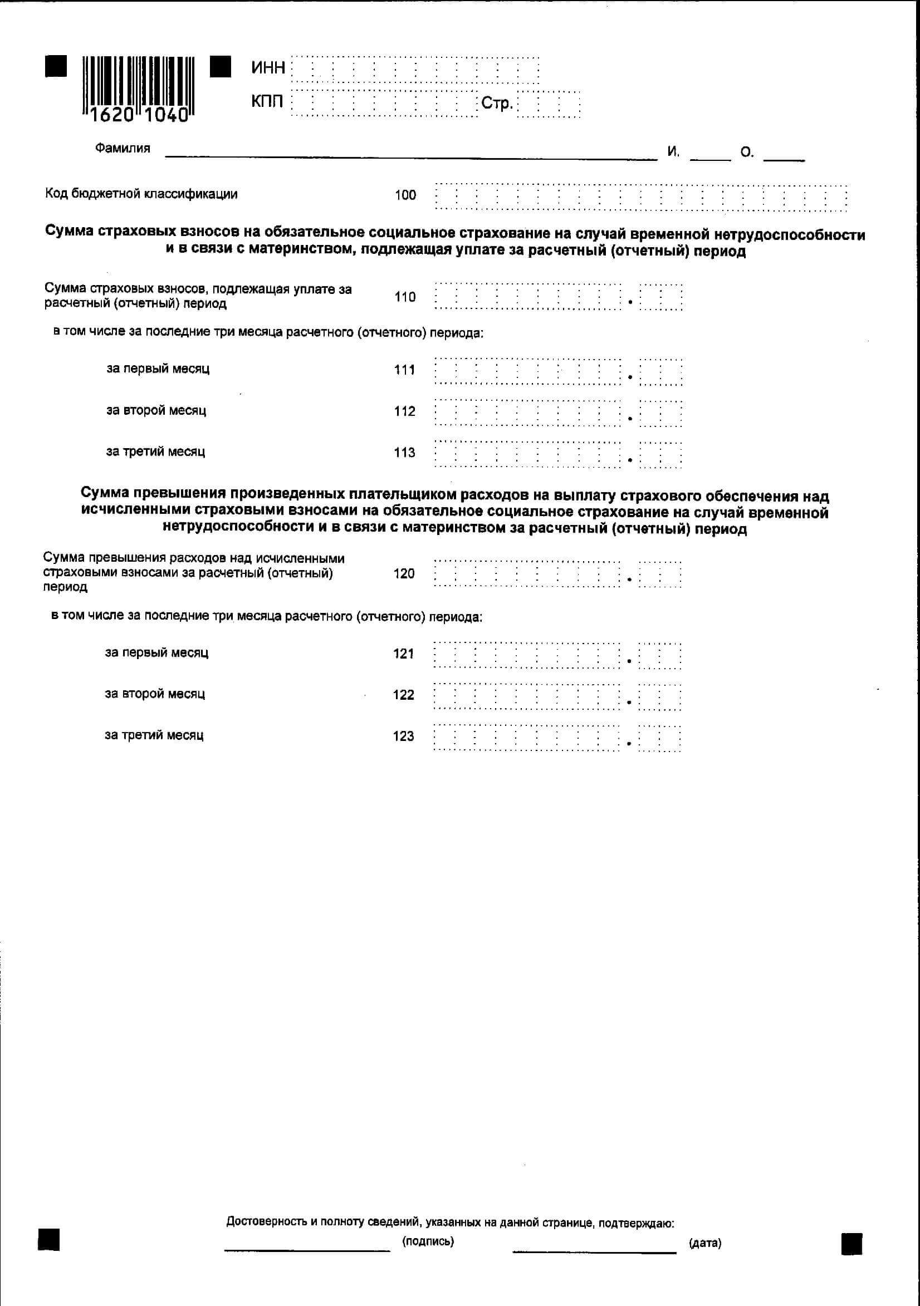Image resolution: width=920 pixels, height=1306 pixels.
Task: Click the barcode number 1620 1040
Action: click(139, 115)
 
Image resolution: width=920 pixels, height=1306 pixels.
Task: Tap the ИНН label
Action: click(268, 68)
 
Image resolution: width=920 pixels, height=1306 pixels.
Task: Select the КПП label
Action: click(267, 102)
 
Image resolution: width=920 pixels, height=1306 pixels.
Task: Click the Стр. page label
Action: click(497, 104)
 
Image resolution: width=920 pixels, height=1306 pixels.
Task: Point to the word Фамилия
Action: click(123, 149)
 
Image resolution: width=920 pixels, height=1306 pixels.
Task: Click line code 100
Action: click(405, 195)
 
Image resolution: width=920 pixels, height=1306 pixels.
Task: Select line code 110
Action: click(404, 297)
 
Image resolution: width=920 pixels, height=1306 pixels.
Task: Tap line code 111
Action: click(404, 370)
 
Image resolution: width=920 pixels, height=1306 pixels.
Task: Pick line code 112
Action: click(404, 411)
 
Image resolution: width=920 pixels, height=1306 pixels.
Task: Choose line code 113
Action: click(404, 453)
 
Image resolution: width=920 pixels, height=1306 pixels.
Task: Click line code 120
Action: click(403, 573)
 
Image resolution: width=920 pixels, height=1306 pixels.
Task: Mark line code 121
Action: click(403, 654)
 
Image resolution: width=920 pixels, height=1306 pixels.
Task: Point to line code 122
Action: click(403, 695)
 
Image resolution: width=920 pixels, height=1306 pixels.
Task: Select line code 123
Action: click(403, 736)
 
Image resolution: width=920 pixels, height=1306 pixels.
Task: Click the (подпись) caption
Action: click(428, 1241)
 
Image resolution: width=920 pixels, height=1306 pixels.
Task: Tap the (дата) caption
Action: click(704, 1243)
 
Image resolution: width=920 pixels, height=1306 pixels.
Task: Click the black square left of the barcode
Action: click(56, 66)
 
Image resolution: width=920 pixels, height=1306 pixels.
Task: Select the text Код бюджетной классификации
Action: click(141, 194)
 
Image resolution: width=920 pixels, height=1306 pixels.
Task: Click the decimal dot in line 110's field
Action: click(630, 302)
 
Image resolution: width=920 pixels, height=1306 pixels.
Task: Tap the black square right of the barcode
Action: click(220, 66)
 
